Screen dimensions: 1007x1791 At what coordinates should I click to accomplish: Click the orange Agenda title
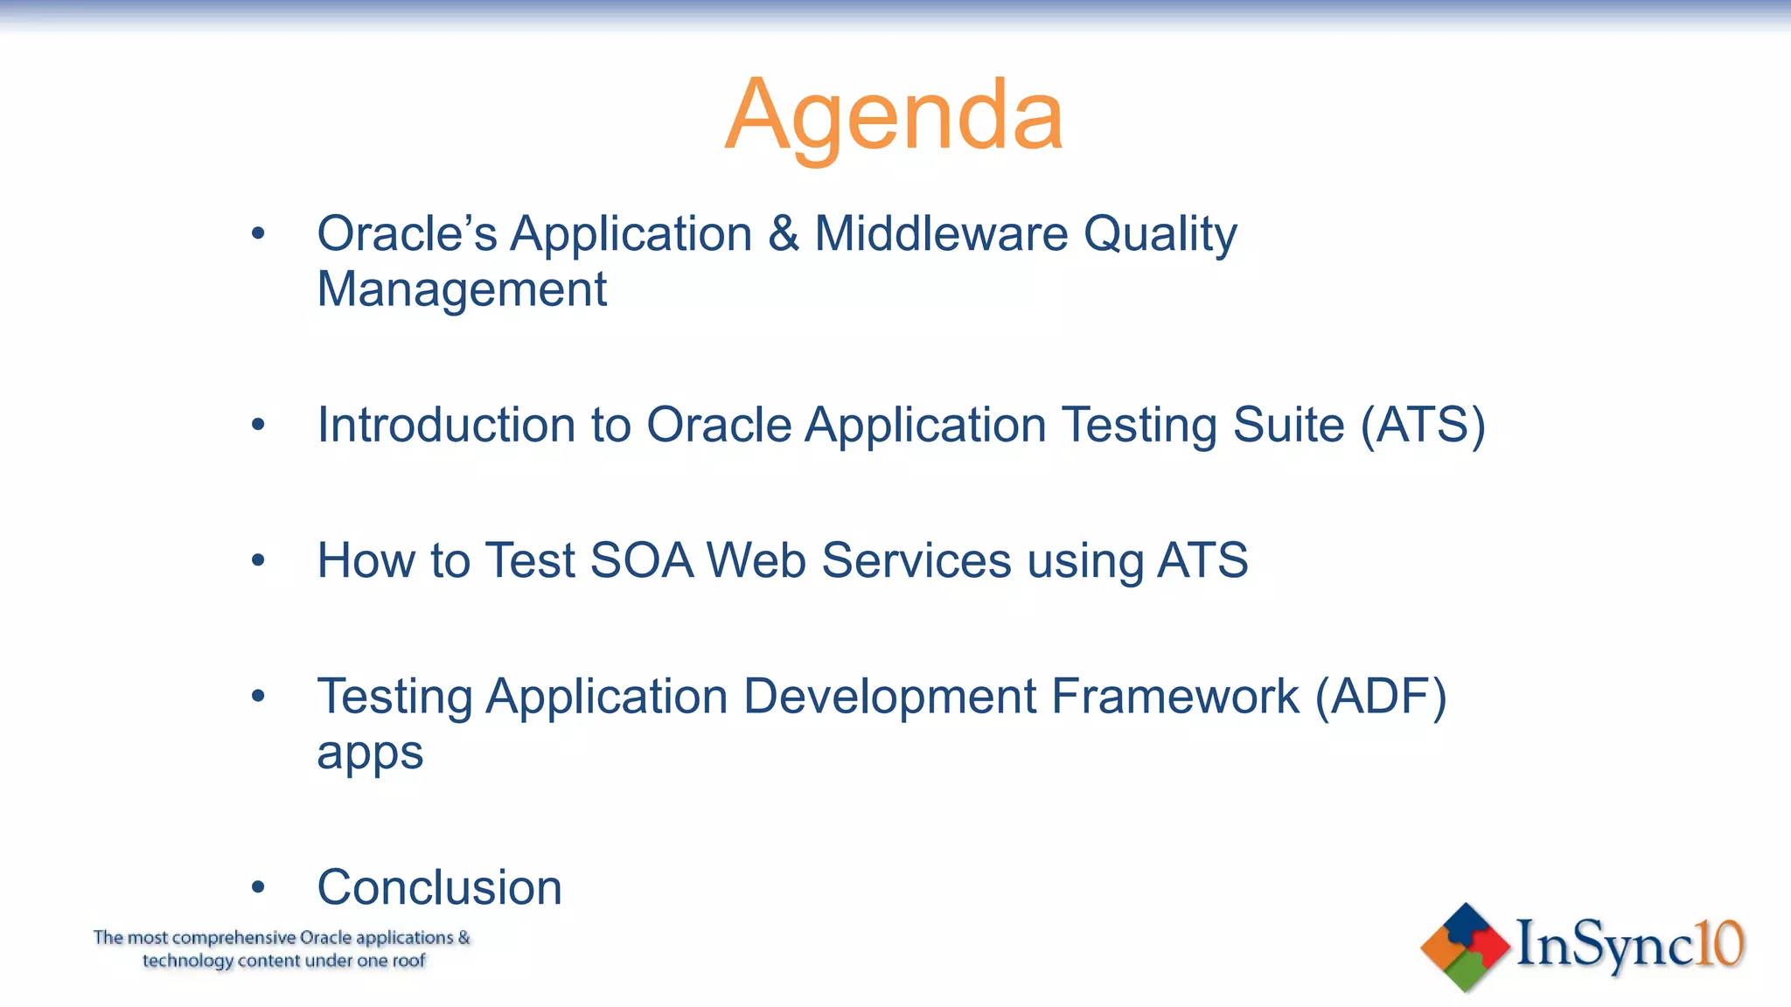[894, 115]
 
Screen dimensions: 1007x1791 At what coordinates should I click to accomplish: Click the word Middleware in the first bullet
[941, 234]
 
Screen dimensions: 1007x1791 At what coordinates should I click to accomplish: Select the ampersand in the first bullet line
[784, 234]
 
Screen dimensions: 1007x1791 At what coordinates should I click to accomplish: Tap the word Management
[462, 290]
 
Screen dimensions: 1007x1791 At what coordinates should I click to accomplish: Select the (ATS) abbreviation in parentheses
[1423, 426]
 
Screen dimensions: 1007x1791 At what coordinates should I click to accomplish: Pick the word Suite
[1288, 425]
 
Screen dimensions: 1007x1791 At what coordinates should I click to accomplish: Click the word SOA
[641, 560]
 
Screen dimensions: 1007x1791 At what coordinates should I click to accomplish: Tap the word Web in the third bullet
[756, 560]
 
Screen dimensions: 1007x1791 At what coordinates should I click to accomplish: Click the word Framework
[1174, 697]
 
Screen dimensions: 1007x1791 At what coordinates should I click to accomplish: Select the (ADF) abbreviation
[1381, 697]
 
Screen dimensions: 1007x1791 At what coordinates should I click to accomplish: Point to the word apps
[370, 754]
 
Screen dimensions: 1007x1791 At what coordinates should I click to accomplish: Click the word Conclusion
[439, 887]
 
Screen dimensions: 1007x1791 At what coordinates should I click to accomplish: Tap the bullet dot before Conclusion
[257, 888]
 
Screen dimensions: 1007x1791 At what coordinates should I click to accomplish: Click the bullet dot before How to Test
[257, 560]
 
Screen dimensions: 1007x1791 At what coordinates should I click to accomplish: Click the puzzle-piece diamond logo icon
[1465, 947]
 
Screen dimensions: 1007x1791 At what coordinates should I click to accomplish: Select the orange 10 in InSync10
[1719, 944]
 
